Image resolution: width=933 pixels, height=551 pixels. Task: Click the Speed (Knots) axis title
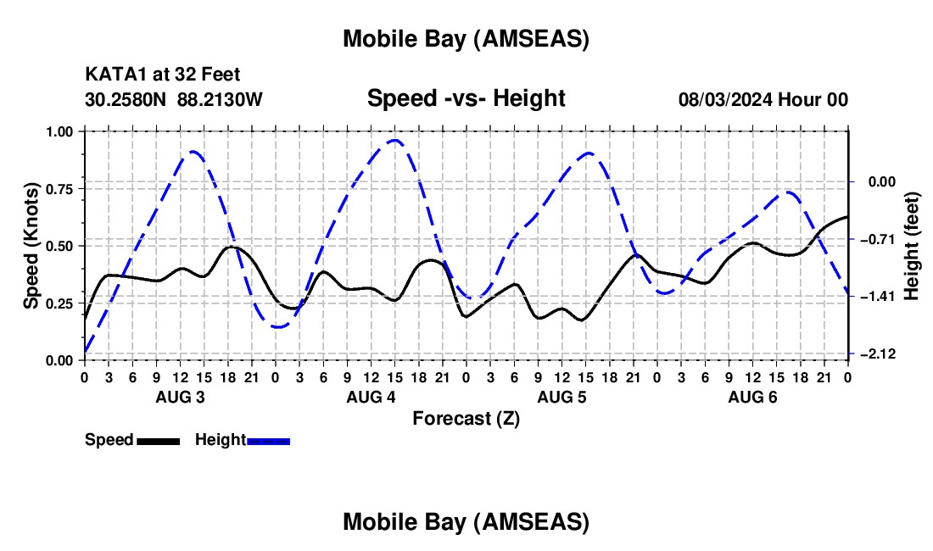tap(31, 246)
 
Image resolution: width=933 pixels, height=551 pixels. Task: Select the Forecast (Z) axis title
tap(466, 418)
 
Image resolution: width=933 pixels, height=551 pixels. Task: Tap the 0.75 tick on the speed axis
tap(59, 189)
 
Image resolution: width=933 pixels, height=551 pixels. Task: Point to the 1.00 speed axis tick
tap(59, 132)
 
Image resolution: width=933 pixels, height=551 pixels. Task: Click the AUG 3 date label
tap(179, 397)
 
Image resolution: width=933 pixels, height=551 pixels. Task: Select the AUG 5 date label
tap(561, 397)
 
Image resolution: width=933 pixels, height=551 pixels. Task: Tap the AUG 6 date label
tap(752, 397)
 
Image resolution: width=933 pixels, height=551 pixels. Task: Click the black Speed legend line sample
tap(158, 441)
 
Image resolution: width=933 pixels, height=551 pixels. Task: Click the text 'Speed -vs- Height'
tap(466, 99)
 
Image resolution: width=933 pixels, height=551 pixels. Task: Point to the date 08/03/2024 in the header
tap(723, 100)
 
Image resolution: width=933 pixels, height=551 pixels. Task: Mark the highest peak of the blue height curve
tap(394, 140)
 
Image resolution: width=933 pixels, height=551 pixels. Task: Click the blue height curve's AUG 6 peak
tap(789, 192)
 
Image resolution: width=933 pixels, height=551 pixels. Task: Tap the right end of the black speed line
tap(847, 217)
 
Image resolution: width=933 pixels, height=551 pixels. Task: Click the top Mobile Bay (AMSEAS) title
tap(466, 39)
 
